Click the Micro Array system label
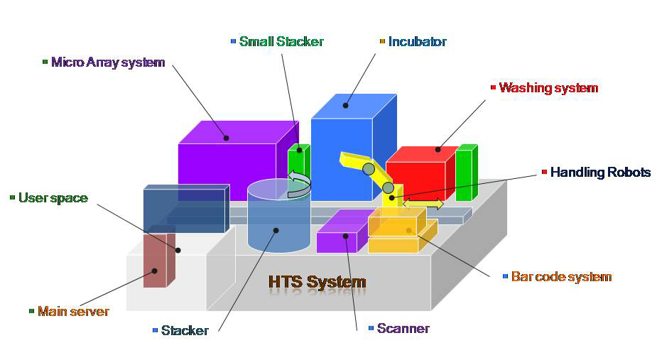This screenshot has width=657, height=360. click(108, 62)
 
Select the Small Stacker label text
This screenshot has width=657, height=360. click(281, 42)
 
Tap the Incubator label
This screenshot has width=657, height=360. click(418, 42)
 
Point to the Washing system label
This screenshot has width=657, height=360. click(548, 88)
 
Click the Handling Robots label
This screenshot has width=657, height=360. click(600, 173)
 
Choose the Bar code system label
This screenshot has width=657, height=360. click(561, 276)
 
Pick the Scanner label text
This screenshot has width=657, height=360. click(403, 328)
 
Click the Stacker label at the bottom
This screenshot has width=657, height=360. click(185, 330)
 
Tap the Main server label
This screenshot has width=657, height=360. click(73, 311)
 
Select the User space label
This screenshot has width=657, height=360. click(53, 198)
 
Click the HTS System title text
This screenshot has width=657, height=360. click(317, 282)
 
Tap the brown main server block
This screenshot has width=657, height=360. click(155, 259)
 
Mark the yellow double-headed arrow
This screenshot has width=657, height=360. click(423, 204)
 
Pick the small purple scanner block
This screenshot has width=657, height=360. click(337, 235)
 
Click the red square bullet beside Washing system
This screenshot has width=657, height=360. click(494, 88)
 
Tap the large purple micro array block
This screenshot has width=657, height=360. click(227, 160)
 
